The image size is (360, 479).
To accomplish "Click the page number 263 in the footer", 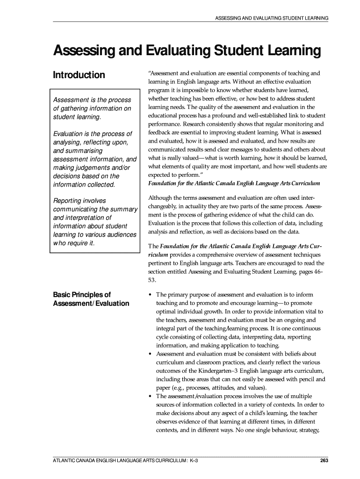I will [x=323, y=462].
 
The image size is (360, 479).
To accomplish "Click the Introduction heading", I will [x=79, y=75].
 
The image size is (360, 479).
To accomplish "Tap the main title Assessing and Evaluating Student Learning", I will [x=180, y=51].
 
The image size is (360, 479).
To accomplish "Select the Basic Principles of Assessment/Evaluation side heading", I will [x=91, y=299].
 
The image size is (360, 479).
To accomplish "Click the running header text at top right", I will [x=271, y=18].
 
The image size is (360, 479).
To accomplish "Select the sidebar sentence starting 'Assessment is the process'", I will [x=92, y=109].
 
